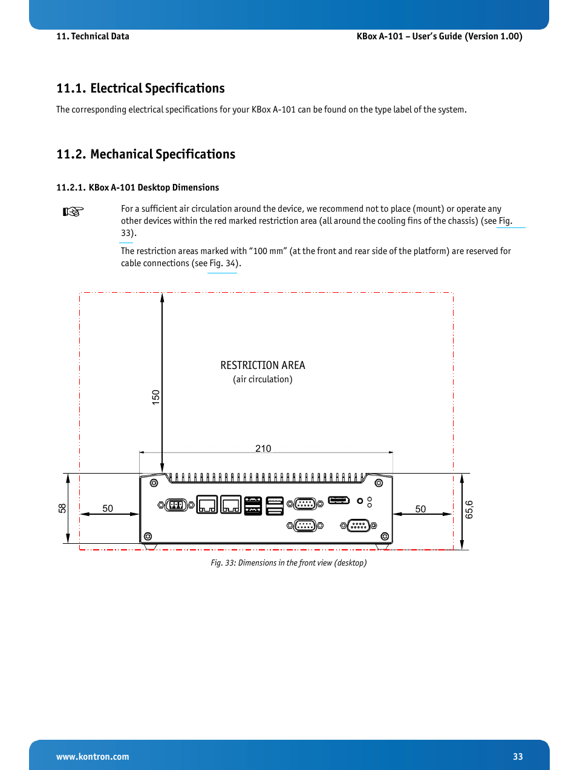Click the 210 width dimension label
tap(263, 448)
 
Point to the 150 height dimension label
tap(156, 397)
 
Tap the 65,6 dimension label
tap(469, 509)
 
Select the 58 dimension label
tap(62, 508)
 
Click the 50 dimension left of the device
tap(108, 509)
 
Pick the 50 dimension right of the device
tap(420, 509)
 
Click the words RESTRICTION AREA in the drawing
tap(262, 365)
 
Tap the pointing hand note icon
tap(73, 212)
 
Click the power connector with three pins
tap(176, 504)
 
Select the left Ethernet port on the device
tap(207, 504)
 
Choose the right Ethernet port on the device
tap(231, 504)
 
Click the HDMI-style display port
tap(339, 500)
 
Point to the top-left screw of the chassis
tap(154, 483)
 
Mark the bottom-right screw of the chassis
tap(385, 537)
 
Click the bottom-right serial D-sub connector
tap(359, 526)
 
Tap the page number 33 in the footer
tap(518, 757)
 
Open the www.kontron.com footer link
tap(93, 757)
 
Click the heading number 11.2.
tap(71, 154)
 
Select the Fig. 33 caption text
tap(288, 563)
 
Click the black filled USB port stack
tap(253, 505)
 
